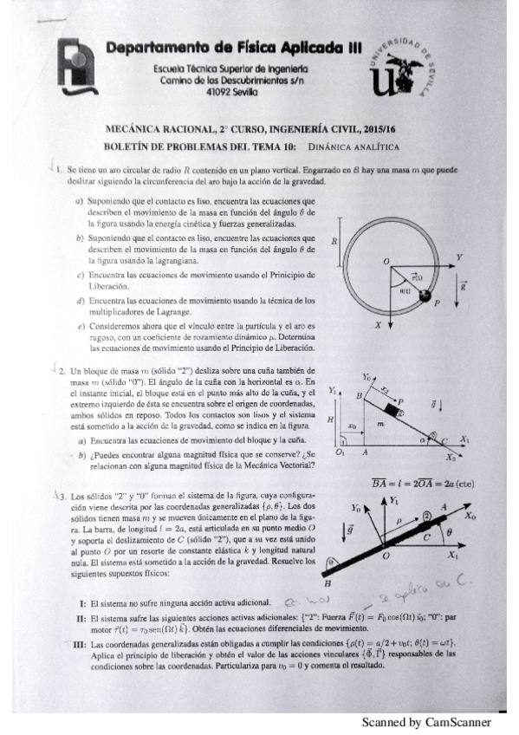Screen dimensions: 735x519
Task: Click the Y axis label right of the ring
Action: click(x=459, y=257)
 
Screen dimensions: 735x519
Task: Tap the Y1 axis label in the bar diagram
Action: click(x=393, y=500)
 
